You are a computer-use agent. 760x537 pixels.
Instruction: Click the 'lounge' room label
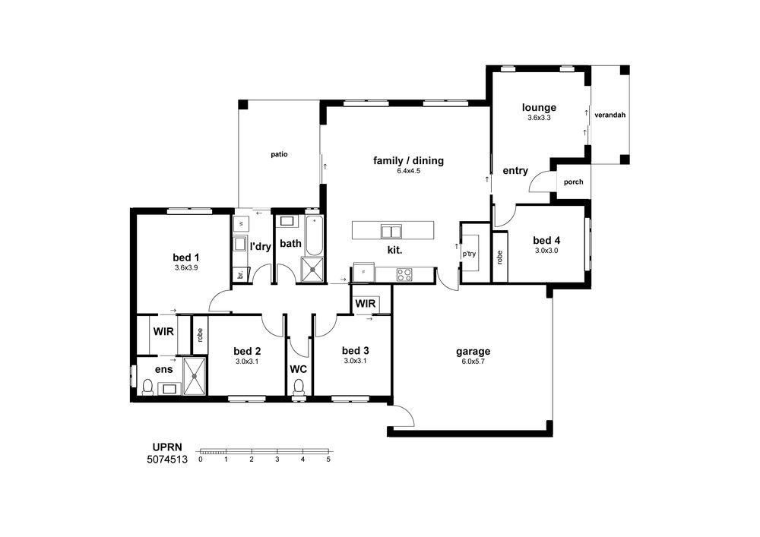pos(539,108)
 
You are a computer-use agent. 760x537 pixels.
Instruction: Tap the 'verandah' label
pos(610,115)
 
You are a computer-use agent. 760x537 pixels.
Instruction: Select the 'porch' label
pos(573,182)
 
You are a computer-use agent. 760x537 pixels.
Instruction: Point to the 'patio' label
pos(279,154)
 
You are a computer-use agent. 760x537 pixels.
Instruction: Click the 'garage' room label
pos(473,352)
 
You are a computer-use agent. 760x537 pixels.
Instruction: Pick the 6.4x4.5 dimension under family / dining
pos(408,171)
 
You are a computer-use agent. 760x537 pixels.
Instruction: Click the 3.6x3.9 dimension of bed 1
pos(186,267)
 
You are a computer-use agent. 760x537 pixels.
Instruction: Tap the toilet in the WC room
pos(299,388)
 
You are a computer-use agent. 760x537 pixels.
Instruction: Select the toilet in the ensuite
pos(147,387)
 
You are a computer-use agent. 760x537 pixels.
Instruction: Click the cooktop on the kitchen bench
pos(404,274)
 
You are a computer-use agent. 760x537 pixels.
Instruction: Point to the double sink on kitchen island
pos(391,232)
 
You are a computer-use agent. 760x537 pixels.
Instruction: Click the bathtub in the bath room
pos(314,235)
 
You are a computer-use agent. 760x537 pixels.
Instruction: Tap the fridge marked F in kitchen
pos(363,272)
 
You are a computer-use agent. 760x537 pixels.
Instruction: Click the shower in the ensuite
pos(195,376)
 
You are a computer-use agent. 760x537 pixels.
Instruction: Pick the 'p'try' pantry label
pos(469,254)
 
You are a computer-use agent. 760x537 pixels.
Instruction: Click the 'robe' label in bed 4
pos(500,257)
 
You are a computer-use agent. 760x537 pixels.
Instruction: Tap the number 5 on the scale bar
pos(328,460)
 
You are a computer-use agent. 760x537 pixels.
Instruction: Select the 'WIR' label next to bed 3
pos(366,304)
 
